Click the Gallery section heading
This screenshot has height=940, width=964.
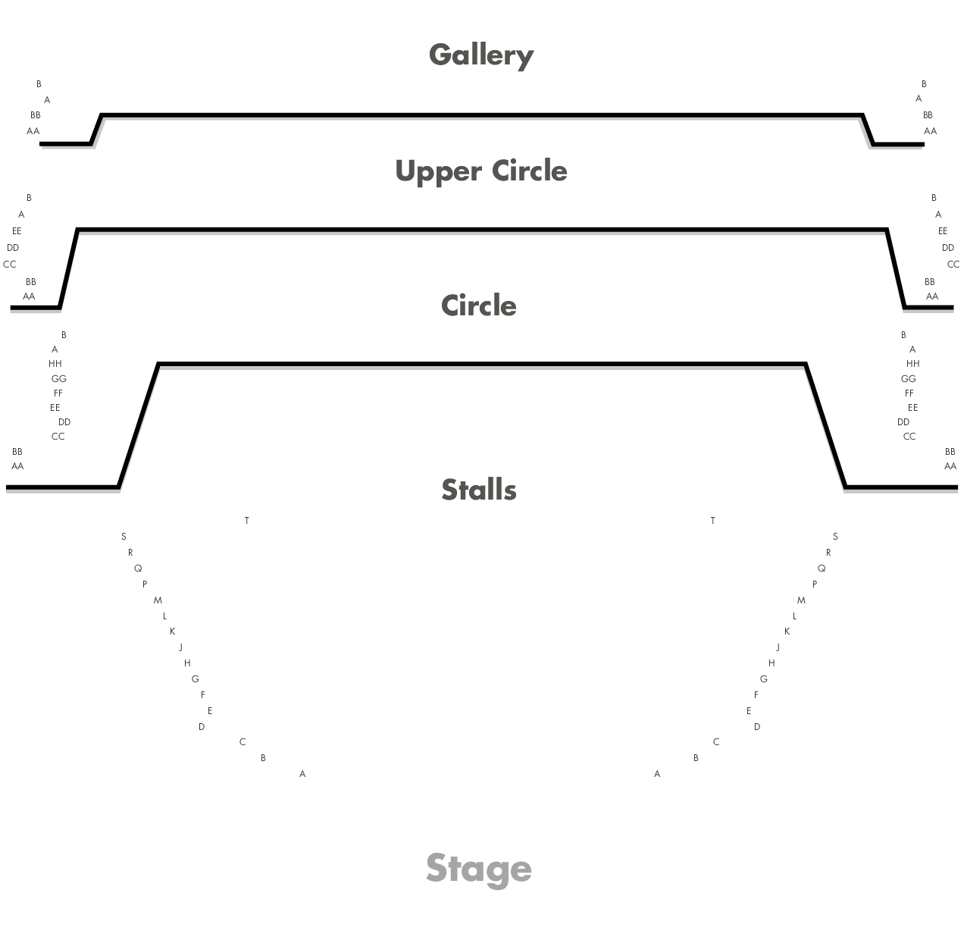coord(481,55)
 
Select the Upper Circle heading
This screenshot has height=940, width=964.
coord(481,171)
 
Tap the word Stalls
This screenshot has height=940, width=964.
coord(479,490)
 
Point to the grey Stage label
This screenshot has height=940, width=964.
coord(479,868)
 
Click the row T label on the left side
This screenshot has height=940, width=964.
coord(247,521)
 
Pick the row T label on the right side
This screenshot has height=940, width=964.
coord(712,521)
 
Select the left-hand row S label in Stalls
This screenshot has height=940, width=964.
coord(124,537)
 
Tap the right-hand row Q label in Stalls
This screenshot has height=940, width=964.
coord(822,569)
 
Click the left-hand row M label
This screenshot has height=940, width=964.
coord(158,600)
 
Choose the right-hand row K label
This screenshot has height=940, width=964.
coord(787,631)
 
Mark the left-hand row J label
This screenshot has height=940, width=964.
coord(180,647)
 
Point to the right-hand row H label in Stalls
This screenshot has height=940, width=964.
coord(772,663)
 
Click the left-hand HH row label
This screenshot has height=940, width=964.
coord(55,364)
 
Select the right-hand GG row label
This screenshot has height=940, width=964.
coord(909,379)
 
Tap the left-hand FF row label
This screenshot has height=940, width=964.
coord(58,393)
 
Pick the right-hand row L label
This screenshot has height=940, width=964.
coord(794,616)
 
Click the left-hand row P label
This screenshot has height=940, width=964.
coord(145,584)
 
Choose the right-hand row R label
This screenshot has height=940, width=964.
coord(828,553)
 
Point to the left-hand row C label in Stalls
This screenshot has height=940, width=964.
coord(243,742)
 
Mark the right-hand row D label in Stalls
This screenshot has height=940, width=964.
coord(756,727)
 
